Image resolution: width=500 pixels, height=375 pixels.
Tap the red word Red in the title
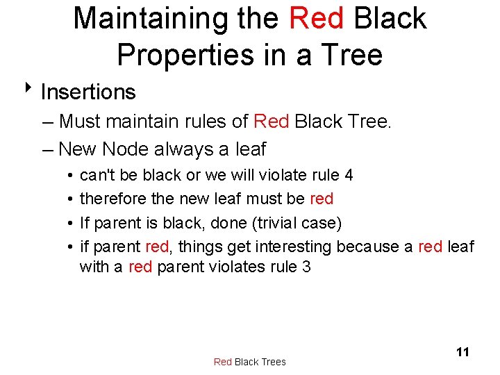coord(316,19)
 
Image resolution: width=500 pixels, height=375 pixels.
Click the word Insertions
coord(88,92)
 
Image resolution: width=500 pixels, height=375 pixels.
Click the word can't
coord(97,175)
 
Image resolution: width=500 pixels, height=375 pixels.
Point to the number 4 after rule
coord(349,175)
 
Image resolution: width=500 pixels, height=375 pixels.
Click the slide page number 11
coord(462,352)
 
